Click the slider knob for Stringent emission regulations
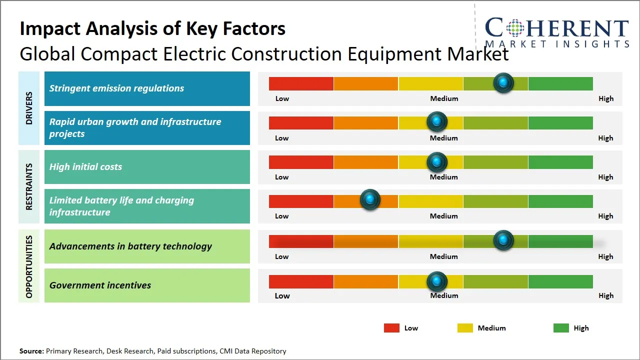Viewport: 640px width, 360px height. (503, 82)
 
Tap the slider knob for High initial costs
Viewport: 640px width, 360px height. (437, 161)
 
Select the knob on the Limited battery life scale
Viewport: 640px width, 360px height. (370, 200)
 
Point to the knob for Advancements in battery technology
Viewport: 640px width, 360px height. (503, 240)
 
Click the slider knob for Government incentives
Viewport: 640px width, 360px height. (437, 281)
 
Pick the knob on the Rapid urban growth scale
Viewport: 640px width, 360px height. (437, 121)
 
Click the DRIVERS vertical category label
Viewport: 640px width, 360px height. (29, 108)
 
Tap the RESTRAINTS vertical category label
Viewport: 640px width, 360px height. (29, 186)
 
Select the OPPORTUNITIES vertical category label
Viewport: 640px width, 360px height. (29, 266)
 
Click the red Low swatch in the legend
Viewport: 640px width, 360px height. (391, 328)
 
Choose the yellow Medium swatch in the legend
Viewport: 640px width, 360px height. (465, 328)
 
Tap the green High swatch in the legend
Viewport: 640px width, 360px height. (561, 328)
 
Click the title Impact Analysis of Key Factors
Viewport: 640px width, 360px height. (152, 29)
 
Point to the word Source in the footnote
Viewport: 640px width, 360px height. (31, 351)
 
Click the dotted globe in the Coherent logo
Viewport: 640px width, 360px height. (515, 27)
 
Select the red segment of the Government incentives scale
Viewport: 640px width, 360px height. (301, 281)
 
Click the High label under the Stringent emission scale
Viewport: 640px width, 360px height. (606, 98)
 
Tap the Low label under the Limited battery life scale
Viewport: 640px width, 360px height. (282, 216)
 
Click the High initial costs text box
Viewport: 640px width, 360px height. (147, 167)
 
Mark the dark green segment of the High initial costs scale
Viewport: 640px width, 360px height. (560, 162)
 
